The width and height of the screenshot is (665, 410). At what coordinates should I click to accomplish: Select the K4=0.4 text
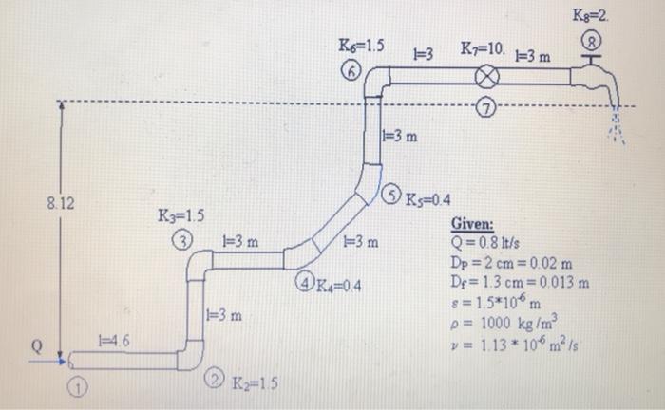point(341,284)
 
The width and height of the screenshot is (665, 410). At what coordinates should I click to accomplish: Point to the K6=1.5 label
point(362,46)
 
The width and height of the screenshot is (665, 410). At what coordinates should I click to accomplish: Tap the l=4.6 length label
point(115,340)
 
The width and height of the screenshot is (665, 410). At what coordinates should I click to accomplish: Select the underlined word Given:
point(472,225)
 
